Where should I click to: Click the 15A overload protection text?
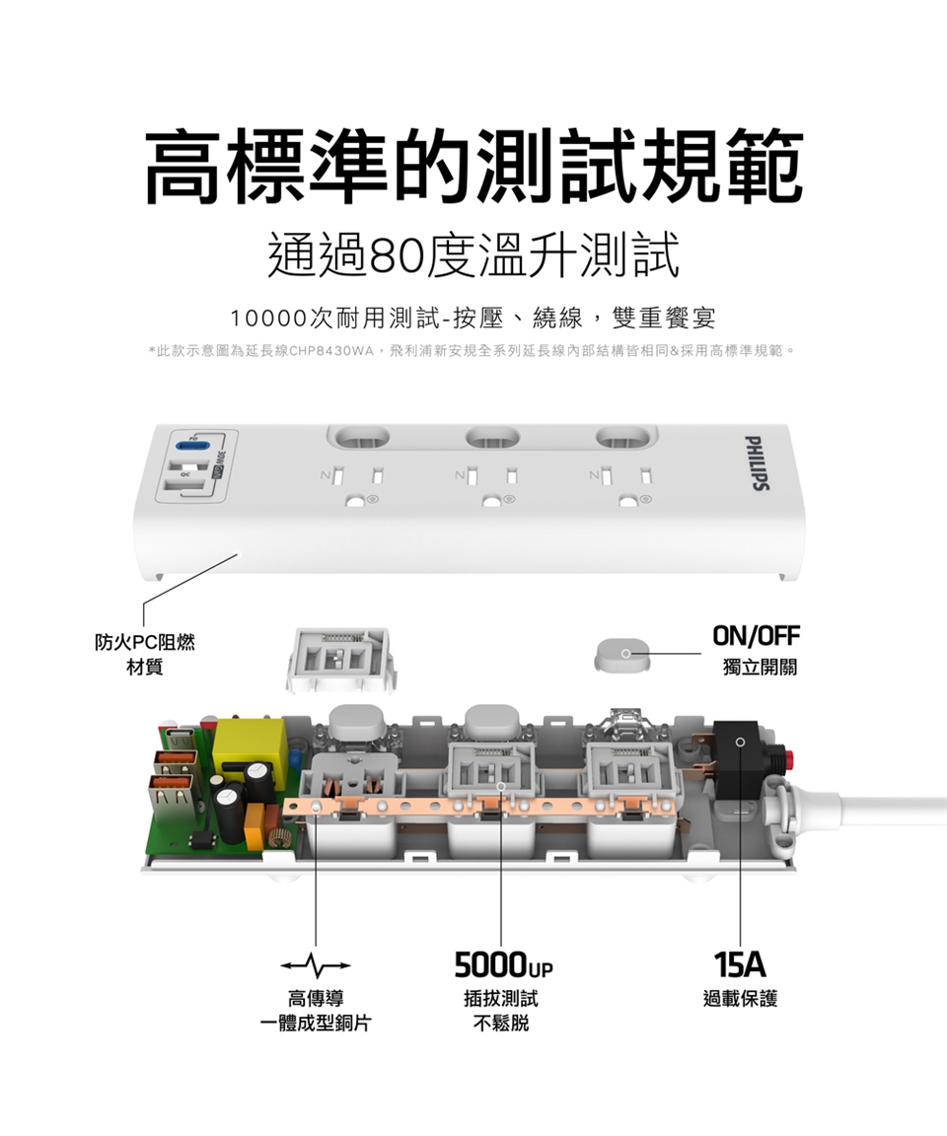[741, 963]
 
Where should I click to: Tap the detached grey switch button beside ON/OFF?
[624, 655]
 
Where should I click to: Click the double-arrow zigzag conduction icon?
[316, 963]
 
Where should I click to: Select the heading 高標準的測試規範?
[473, 167]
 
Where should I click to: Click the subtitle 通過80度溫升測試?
[473, 256]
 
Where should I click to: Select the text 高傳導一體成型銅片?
[316, 1011]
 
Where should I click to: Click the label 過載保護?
[741, 999]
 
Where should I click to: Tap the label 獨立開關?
[760, 668]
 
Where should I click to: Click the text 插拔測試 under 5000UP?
[500, 999]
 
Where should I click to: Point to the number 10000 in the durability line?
[267, 319]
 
